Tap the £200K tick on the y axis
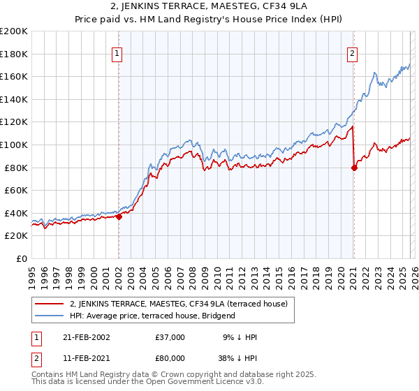[x=14, y=31]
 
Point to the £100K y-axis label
[x=14, y=145]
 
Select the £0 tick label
[x=22, y=258]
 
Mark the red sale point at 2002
[x=119, y=216]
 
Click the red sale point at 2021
[x=354, y=168]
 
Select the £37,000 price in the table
[x=170, y=337]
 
